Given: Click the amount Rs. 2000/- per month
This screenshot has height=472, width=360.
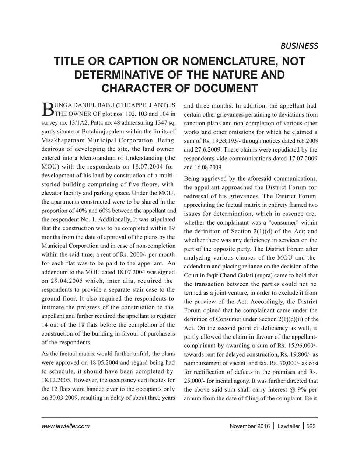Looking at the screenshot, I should coord(145,254).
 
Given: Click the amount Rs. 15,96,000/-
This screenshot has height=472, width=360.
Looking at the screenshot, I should coord(297,346).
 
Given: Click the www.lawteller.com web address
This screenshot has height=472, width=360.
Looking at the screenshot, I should coord(66,426).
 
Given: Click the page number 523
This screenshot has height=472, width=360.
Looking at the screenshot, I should coord(311,426).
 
